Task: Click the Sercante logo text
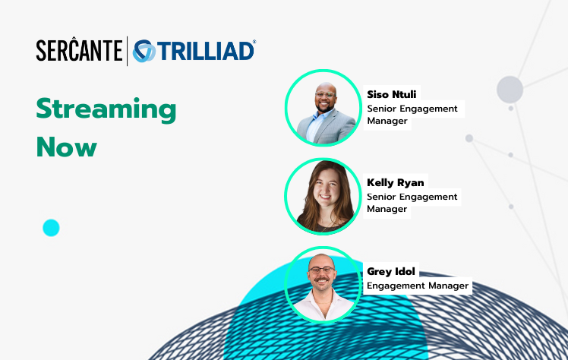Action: (79, 51)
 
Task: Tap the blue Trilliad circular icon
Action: (144, 51)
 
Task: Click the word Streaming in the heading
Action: (106, 111)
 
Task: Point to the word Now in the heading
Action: (66, 147)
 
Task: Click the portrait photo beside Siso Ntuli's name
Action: (323, 108)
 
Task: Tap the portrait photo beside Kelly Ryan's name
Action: (323, 196)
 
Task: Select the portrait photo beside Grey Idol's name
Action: (323, 284)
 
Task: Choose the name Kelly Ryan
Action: (396, 183)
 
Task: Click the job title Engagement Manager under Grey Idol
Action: (418, 286)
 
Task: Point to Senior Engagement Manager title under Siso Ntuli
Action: (412, 115)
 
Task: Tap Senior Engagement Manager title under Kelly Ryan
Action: (412, 203)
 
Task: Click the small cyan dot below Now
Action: (51, 227)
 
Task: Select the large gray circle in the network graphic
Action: (510, 90)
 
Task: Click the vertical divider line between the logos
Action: (127, 51)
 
